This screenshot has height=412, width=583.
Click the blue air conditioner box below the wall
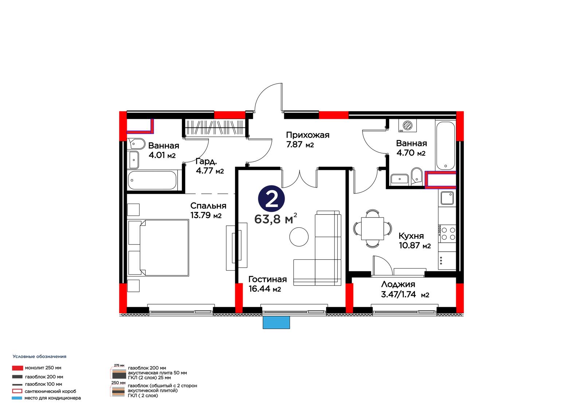(276, 322)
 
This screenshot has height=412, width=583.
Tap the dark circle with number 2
(271, 199)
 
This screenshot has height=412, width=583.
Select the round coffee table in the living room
(299, 237)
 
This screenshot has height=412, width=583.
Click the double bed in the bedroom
(159, 248)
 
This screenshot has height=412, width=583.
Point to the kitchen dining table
(372, 229)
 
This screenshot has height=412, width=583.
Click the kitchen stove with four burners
(447, 234)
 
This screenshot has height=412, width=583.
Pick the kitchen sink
(447, 198)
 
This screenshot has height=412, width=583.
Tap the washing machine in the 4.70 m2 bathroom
(407, 125)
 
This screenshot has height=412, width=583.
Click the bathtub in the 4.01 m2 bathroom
(153, 180)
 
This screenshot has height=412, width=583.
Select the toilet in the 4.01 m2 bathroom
(136, 144)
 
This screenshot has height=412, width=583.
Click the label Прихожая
(308, 135)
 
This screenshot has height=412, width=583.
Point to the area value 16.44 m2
(265, 289)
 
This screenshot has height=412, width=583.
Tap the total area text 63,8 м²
(275, 219)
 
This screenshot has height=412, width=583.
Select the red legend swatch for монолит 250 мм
(17, 368)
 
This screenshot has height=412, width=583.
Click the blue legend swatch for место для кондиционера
(17, 398)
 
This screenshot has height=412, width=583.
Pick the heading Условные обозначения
(40, 357)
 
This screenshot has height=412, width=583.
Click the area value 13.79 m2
(206, 216)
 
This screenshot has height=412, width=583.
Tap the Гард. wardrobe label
(206, 161)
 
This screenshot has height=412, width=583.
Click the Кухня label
(411, 236)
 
